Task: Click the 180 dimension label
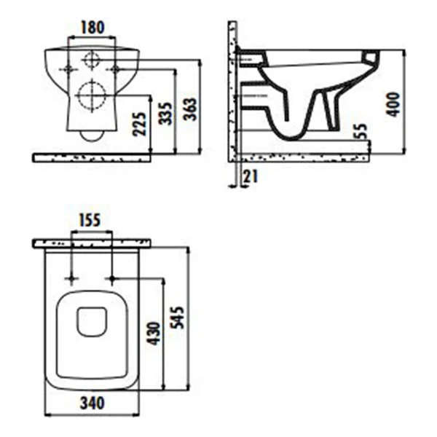[x=92, y=28]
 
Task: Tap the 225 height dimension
[x=139, y=124]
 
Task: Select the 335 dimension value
[x=165, y=114]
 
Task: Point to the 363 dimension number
[x=190, y=109]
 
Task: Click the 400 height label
[x=393, y=104]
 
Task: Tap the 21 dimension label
[x=251, y=176]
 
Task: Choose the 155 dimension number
[x=90, y=220]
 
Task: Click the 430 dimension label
[x=154, y=334]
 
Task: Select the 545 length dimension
[x=177, y=318]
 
